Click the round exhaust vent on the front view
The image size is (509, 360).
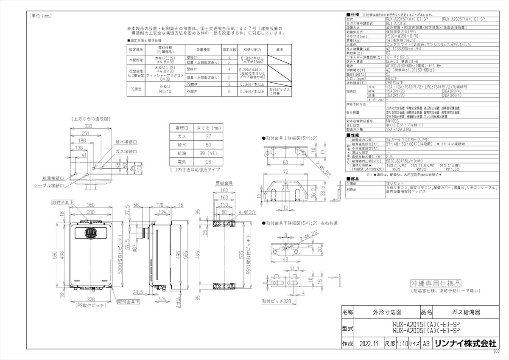tap(90, 233)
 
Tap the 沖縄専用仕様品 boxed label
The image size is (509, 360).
tap(436, 283)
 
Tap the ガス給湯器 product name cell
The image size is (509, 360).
tap(466, 312)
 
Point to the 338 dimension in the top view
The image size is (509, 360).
tap(88, 127)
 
